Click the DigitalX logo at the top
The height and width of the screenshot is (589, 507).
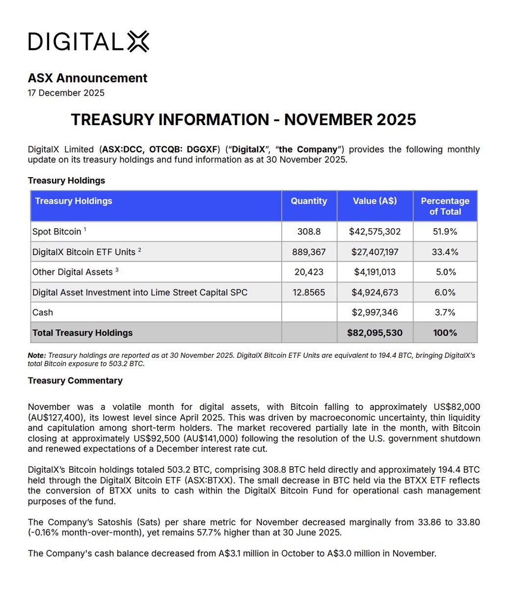(88, 42)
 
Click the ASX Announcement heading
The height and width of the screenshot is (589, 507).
(87, 78)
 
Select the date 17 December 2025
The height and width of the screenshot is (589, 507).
(66, 93)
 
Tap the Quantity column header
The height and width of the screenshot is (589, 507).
(309, 201)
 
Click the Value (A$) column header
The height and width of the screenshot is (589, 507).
(375, 201)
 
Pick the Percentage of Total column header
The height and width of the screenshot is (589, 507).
(445, 206)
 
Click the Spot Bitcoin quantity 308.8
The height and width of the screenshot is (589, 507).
(309, 232)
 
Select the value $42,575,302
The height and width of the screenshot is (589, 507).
(375, 232)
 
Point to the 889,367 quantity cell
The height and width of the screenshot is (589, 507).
(309, 252)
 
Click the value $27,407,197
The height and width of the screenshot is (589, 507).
(375, 252)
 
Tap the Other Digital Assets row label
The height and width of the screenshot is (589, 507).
(73, 272)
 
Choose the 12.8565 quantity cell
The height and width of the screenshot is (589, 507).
(309, 293)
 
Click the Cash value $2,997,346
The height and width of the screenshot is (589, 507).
(375, 313)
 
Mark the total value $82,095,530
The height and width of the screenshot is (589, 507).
(375, 333)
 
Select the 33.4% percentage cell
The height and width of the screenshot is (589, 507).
(445, 252)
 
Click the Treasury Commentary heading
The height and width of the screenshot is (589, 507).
(75, 381)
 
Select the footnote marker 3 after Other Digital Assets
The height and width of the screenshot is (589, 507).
(117, 270)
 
